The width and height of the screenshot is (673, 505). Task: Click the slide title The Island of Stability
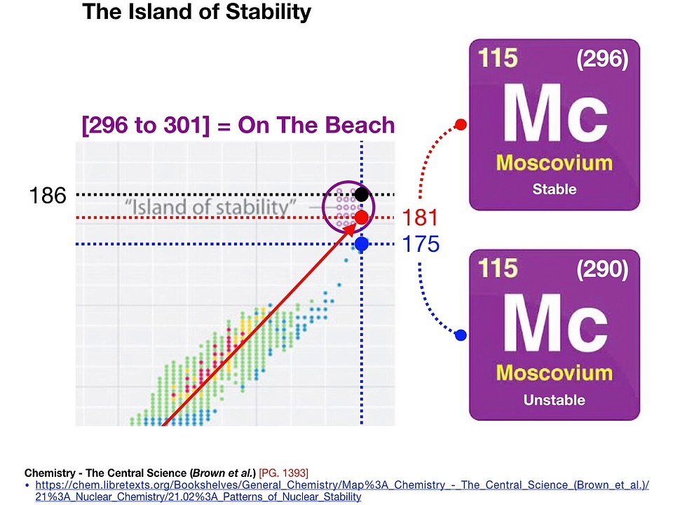(x=196, y=12)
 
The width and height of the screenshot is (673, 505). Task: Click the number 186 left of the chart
(x=48, y=196)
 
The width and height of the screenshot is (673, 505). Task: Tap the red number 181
(x=420, y=217)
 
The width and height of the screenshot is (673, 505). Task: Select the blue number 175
(x=421, y=244)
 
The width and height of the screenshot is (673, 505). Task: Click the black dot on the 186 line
(x=362, y=194)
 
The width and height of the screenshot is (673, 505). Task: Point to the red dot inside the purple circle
(x=362, y=217)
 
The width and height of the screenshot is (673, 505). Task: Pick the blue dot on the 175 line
(x=362, y=244)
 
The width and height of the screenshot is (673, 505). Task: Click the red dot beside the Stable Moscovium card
(x=461, y=125)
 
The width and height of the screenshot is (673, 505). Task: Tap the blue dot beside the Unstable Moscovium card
(x=461, y=335)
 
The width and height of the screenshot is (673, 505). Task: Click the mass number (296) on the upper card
(x=602, y=58)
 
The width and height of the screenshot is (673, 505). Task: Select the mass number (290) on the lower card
(x=602, y=269)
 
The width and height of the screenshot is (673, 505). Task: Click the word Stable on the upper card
(x=555, y=189)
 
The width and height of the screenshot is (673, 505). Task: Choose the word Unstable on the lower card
(x=555, y=400)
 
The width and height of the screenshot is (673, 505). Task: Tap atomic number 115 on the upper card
(x=498, y=58)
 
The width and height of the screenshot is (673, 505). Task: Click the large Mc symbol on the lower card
(x=555, y=323)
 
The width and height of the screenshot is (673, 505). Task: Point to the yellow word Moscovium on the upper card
(x=555, y=163)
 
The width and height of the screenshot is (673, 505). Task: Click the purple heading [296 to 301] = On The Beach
(x=238, y=126)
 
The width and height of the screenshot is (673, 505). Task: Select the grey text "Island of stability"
(x=210, y=208)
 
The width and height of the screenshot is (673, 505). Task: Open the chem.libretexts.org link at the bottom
(x=342, y=491)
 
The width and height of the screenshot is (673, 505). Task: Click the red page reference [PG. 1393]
(x=283, y=473)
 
